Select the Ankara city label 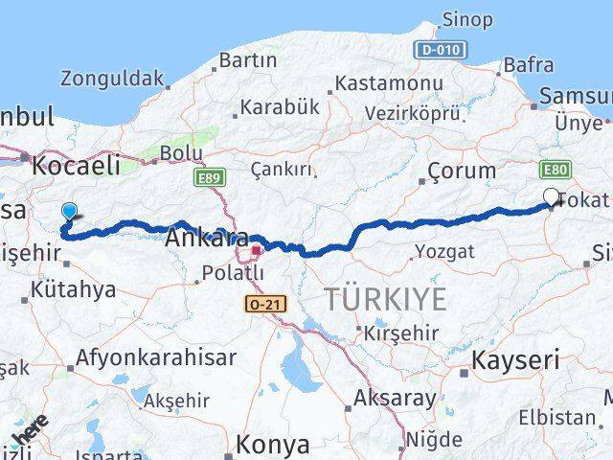(x=207, y=238)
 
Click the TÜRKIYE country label (x=384, y=299)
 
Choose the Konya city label (x=274, y=445)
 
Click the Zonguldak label (x=112, y=79)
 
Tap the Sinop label (x=466, y=19)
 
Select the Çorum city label (x=462, y=172)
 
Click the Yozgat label (x=444, y=251)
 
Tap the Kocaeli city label (x=76, y=165)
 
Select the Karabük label (x=279, y=107)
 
